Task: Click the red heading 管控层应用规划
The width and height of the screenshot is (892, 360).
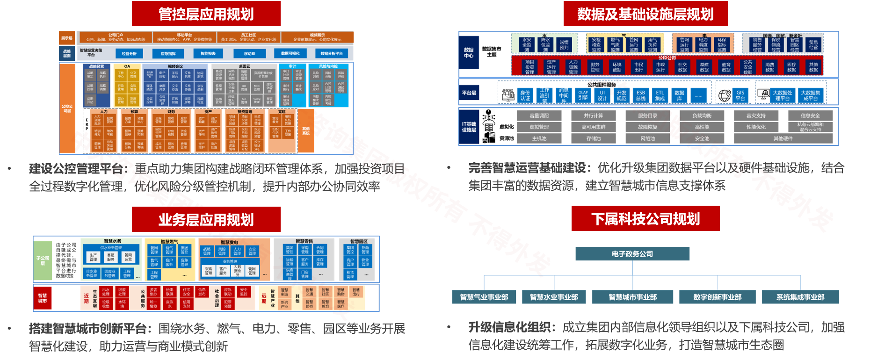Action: click(206, 14)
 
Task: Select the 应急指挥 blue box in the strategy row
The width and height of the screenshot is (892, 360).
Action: click(168, 54)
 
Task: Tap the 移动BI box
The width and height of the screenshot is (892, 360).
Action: click(249, 54)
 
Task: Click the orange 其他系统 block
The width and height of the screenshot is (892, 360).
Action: click(306, 130)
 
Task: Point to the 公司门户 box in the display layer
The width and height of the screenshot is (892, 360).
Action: click(116, 37)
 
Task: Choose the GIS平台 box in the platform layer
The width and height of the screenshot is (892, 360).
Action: click(740, 95)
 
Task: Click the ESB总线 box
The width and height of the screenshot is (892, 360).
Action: click(640, 95)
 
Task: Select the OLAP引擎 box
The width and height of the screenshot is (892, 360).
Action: click(583, 95)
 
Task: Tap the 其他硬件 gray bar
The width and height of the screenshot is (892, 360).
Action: click(783, 138)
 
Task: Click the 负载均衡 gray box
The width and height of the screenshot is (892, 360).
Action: click(702, 115)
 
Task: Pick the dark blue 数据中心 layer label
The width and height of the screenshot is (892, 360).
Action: click(469, 53)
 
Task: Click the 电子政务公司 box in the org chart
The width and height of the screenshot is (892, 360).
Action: click(632, 254)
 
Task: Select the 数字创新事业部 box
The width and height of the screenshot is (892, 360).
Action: click(717, 297)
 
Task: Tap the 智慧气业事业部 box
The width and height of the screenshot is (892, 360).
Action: click(484, 297)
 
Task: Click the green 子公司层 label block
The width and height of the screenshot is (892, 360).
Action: click(43, 260)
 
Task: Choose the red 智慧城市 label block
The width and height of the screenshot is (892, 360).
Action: click(43, 298)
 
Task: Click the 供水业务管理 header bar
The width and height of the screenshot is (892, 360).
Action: click(111, 248)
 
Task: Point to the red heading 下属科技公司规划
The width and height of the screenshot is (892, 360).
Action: click(645, 219)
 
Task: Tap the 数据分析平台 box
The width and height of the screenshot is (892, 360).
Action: click(332, 54)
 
